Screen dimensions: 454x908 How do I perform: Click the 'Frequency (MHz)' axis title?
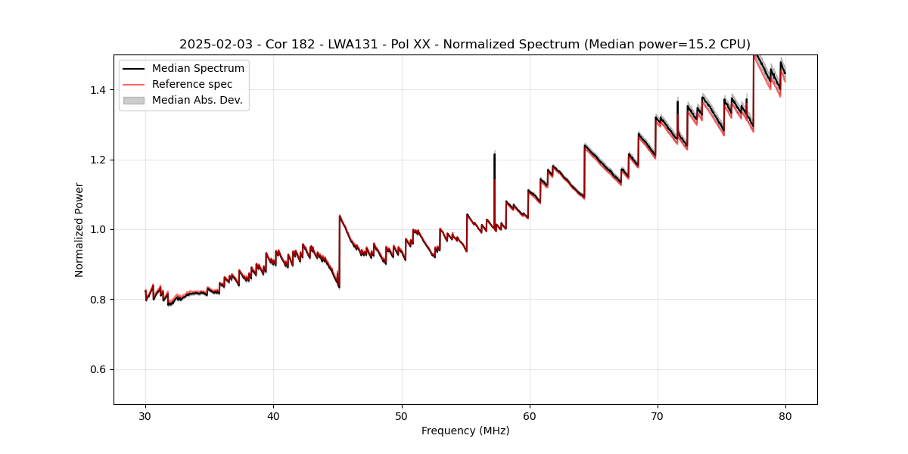coord(465,431)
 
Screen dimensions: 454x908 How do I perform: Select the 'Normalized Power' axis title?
coord(79,229)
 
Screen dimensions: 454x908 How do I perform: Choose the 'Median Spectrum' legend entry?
coord(197,69)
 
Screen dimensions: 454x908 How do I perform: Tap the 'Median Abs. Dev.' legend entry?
coord(197,100)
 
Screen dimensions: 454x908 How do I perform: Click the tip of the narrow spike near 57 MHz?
coord(494,154)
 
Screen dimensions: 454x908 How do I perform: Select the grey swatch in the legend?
coord(134,100)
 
